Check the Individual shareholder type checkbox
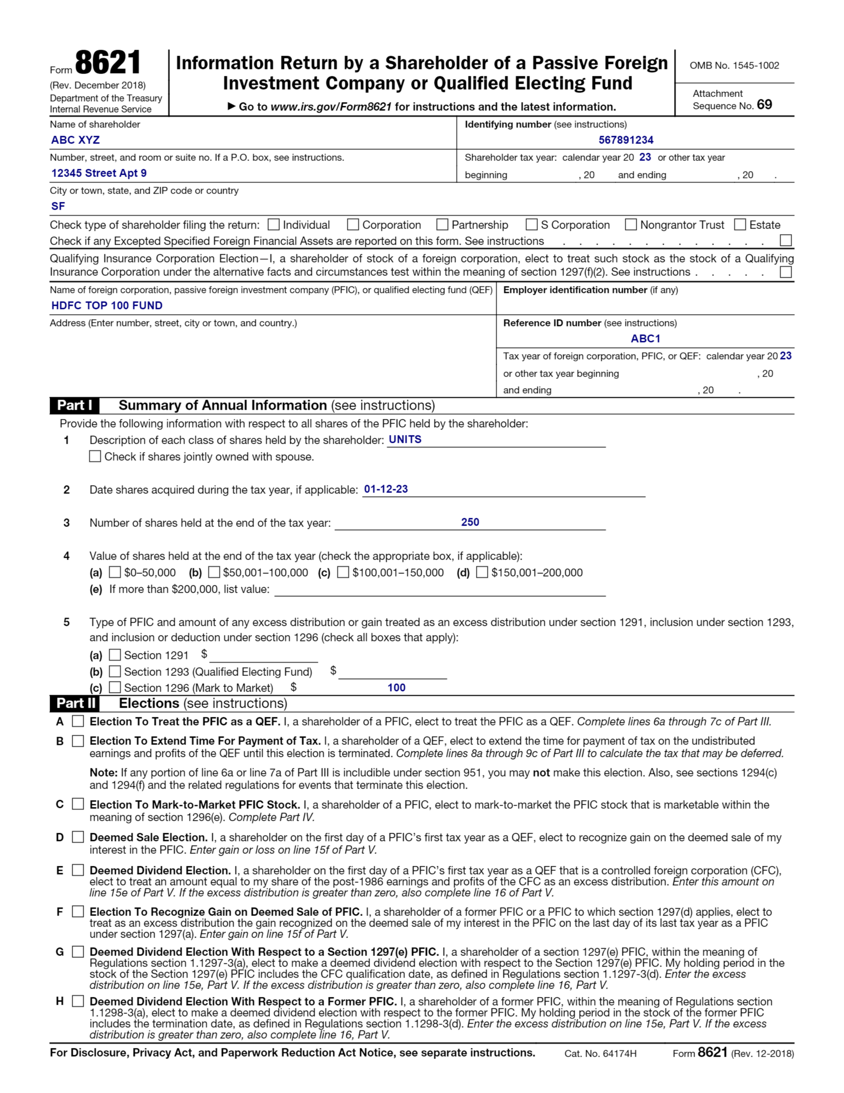pos(273,225)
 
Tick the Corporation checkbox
pos(353,225)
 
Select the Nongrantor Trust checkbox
pos(631,225)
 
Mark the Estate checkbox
pos(740,225)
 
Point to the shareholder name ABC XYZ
pos(75,140)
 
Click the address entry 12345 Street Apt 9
pos(99,173)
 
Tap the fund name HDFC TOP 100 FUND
pos(107,306)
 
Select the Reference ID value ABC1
pos(646,339)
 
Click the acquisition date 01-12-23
pos(386,489)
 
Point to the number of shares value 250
pos(470,522)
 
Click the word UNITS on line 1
pos(405,440)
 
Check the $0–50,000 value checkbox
pos(115,572)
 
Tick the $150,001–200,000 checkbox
pos(482,572)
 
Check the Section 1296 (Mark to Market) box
pos(115,687)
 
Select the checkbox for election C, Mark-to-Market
pos(78,804)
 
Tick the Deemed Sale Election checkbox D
pos(78,837)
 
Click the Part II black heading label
pos(75,703)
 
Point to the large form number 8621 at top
pos(108,63)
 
